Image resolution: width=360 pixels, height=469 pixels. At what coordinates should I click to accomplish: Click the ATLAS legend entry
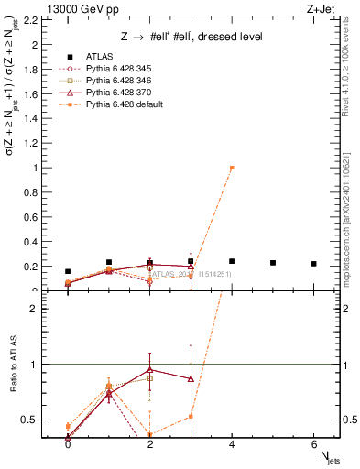click(101, 56)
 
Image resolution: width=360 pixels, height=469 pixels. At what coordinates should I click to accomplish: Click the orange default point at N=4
click(232, 168)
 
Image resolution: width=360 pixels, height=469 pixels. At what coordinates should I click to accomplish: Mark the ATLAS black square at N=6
click(314, 264)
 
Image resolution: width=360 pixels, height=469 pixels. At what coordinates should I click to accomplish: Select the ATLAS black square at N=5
click(273, 263)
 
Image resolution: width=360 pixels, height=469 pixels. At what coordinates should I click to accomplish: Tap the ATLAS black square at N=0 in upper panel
click(68, 271)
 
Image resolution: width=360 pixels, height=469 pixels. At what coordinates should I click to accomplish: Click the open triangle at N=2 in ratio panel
click(150, 370)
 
